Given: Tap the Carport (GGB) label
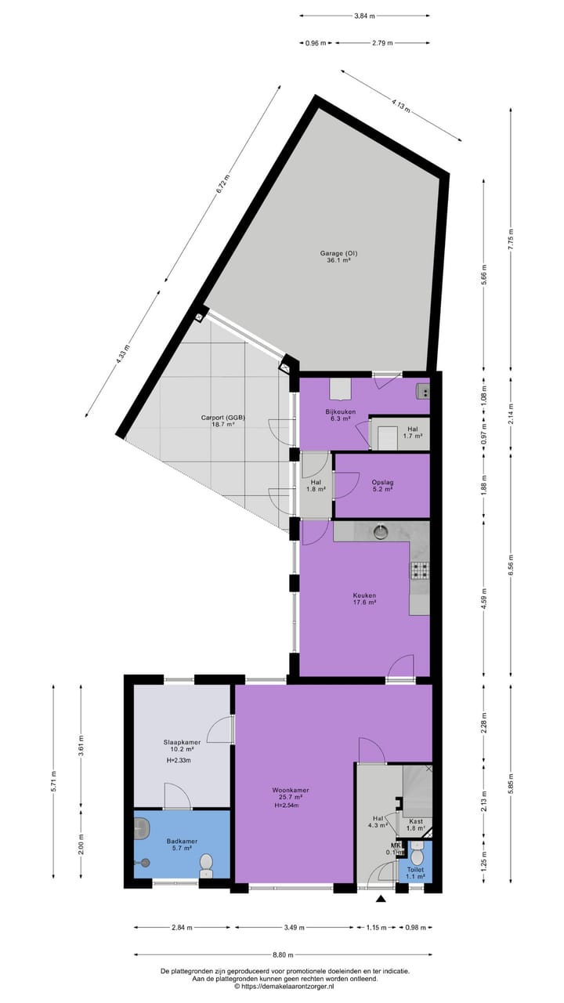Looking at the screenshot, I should coord(222,418).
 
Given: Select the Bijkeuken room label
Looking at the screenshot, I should coord(341,411).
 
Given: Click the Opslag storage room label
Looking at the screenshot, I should coord(382,481).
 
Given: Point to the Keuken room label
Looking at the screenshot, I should coord(364,596).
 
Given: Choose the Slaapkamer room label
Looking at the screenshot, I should coord(182,742).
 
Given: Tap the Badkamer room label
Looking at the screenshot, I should coord(182,841).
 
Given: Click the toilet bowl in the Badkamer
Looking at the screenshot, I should coord(207,865).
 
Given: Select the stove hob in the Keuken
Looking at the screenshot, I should coord(420,570).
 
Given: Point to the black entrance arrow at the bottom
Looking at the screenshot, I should coord(381,900).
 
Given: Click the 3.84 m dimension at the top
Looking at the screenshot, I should coord(364,16).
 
